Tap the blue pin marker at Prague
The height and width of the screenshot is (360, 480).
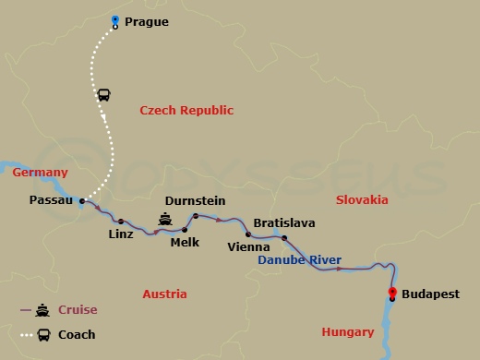tap(114, 21)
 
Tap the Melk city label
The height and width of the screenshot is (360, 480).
tap(185, 243)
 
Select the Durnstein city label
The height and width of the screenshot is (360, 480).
tap(194, 201)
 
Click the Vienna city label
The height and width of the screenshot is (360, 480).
tap(248, 247)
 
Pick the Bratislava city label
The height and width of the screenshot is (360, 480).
tap(284, 223)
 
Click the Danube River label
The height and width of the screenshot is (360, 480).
tap(299, 260)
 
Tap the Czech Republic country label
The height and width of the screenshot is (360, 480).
tap(187, 111)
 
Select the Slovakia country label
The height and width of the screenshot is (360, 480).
tap(362, 200)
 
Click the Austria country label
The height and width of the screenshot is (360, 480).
tap(164, 294)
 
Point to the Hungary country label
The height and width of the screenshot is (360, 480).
tap(347, 332)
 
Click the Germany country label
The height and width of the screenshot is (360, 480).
tap(40, 173)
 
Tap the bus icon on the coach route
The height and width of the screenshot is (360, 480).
tap(104, 95)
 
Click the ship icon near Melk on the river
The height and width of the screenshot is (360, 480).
tap(165, 220)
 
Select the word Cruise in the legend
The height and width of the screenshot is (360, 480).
tap(78, 310)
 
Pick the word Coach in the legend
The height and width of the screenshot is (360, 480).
tap(77, 334)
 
